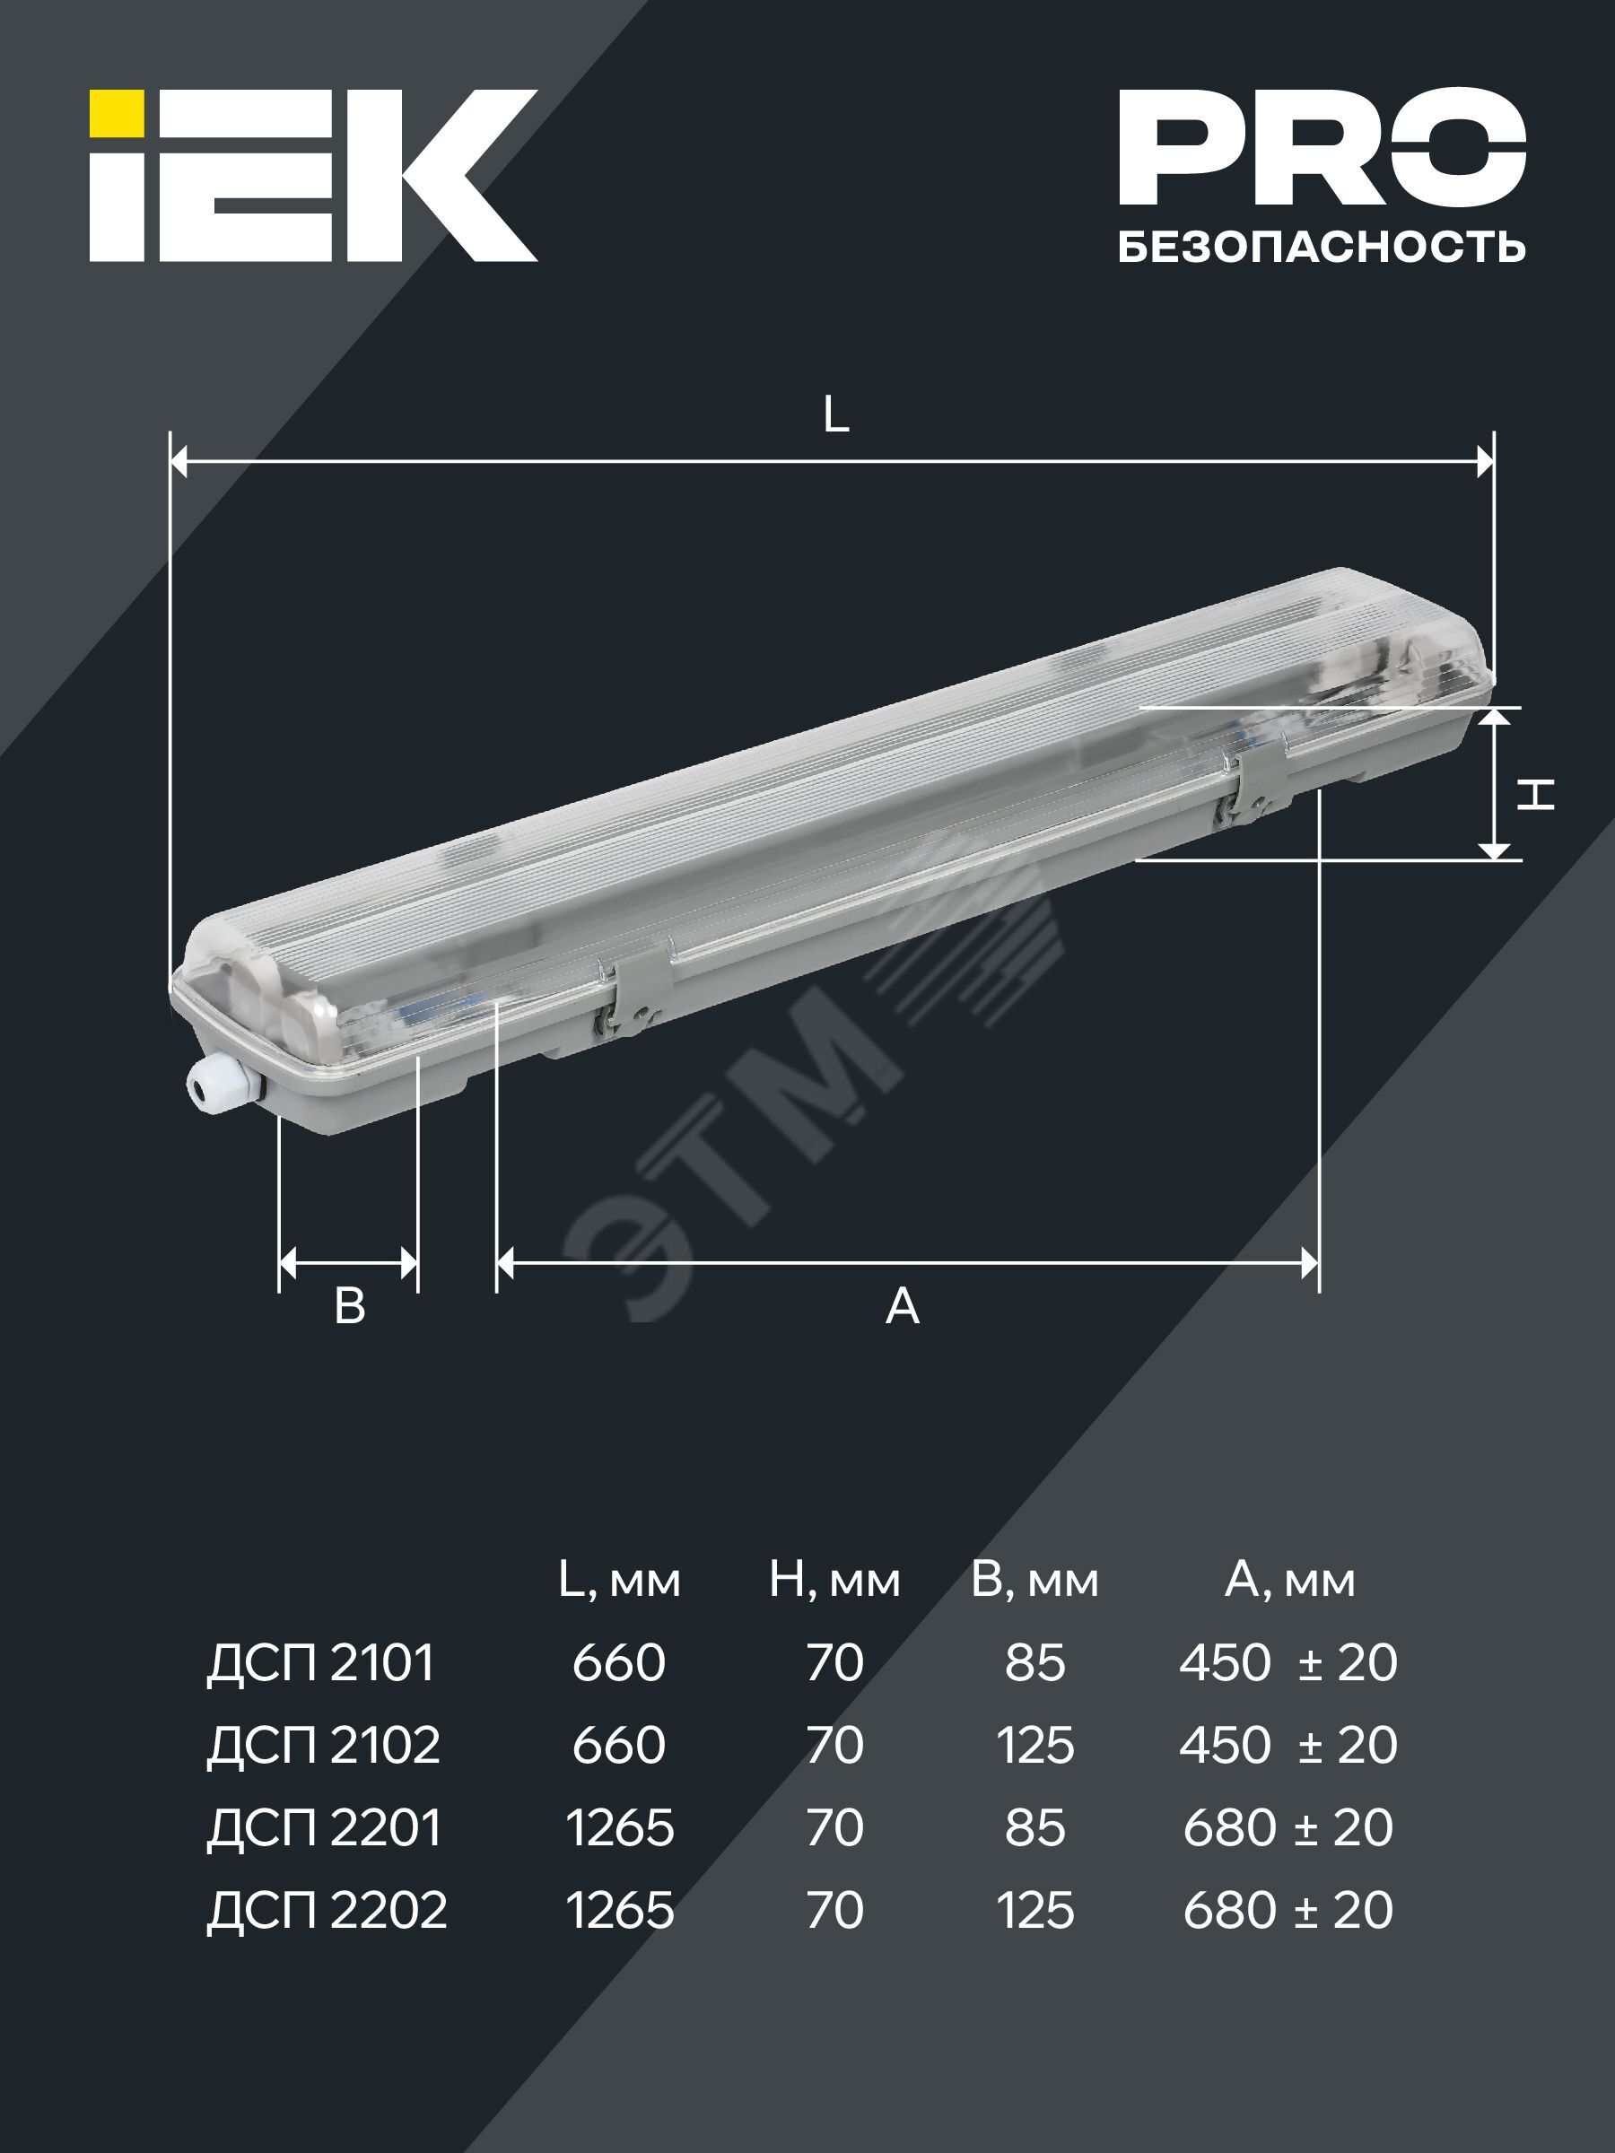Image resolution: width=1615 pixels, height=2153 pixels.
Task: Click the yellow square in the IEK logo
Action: click(x=117, y=113)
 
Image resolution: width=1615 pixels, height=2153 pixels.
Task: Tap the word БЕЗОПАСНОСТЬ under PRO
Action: click(x=1321, y=248)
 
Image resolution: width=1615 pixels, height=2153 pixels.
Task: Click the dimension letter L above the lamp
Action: click(x=835, y=415)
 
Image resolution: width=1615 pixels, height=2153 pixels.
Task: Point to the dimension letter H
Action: click(x=1535, y=794)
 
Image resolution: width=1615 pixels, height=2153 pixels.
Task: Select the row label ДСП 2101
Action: click(x=320, y=1662)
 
